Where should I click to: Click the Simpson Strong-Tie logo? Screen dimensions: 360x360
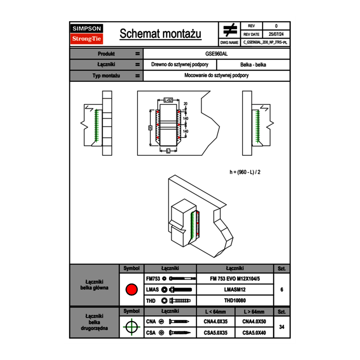point(87,34)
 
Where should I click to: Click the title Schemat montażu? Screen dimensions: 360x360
point(160,34)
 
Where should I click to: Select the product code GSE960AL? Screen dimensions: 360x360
point(216,54)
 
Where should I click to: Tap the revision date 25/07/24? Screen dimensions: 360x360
point(276,34)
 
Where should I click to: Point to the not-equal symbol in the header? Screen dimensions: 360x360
point(230,30)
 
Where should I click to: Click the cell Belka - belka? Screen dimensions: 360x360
point(253,65)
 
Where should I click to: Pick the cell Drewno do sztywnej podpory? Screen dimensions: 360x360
point(180,65)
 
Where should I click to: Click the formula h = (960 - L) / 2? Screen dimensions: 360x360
point(245,172)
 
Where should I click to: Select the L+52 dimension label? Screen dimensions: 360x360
point(168,100)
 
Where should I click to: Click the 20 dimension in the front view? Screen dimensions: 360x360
point(185,103)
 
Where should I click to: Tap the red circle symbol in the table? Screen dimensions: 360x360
point(131,290)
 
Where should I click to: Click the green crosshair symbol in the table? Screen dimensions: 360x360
point(131,327)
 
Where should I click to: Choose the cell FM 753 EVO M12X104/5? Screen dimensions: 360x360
point(235,279)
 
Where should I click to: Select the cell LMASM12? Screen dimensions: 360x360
point(235,290)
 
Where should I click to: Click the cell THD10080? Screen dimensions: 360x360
point(235,301)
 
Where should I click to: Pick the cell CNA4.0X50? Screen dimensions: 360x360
point(254,322)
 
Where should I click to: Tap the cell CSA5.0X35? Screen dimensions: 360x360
point(216,333)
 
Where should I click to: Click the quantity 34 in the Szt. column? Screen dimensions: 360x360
point(281,327)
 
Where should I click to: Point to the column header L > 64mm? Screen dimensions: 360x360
point(254,312)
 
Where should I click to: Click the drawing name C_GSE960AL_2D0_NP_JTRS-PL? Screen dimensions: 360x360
point(265,42)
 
